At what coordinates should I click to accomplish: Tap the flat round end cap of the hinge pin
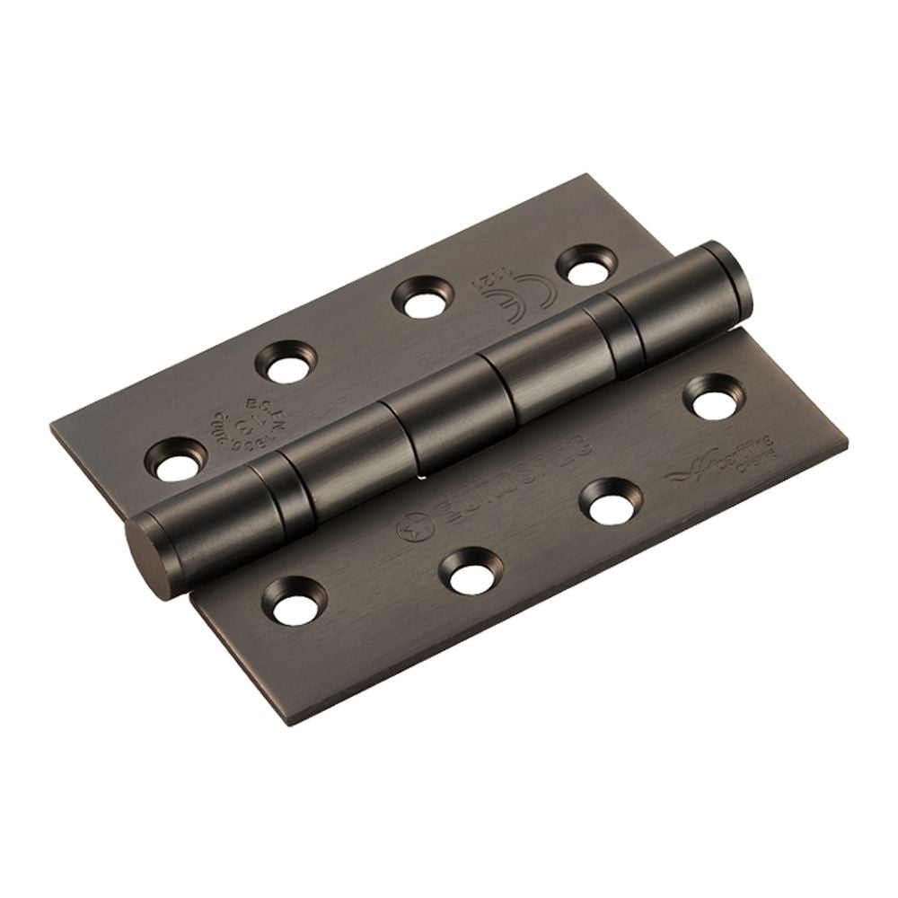point(145,557)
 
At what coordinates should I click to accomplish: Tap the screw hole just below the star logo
point(471,572)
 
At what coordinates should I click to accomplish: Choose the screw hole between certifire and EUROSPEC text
point(611,502)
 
